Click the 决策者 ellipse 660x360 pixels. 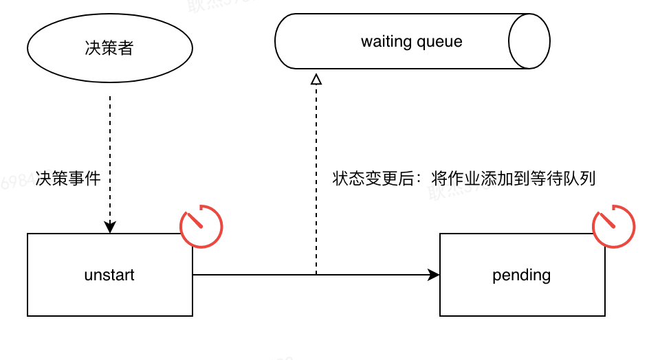pos(110,49)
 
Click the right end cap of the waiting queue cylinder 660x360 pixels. pos(529,41)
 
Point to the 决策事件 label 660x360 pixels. pos(69,179)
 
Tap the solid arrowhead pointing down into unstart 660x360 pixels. pos(110,227)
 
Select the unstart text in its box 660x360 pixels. pos(109,275)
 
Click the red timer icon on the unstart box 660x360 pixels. pos(201,225)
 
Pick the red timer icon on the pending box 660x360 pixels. pos(614,225)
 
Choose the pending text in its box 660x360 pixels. pos(522,275)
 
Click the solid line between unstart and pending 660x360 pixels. pos(261,275)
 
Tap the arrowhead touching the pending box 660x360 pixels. pos(434,275)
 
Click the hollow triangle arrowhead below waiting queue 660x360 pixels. pos(316,79)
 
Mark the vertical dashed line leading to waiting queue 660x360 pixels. pos(316,137)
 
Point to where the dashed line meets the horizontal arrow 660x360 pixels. pos(316,275)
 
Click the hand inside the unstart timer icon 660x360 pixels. pos(196,220)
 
